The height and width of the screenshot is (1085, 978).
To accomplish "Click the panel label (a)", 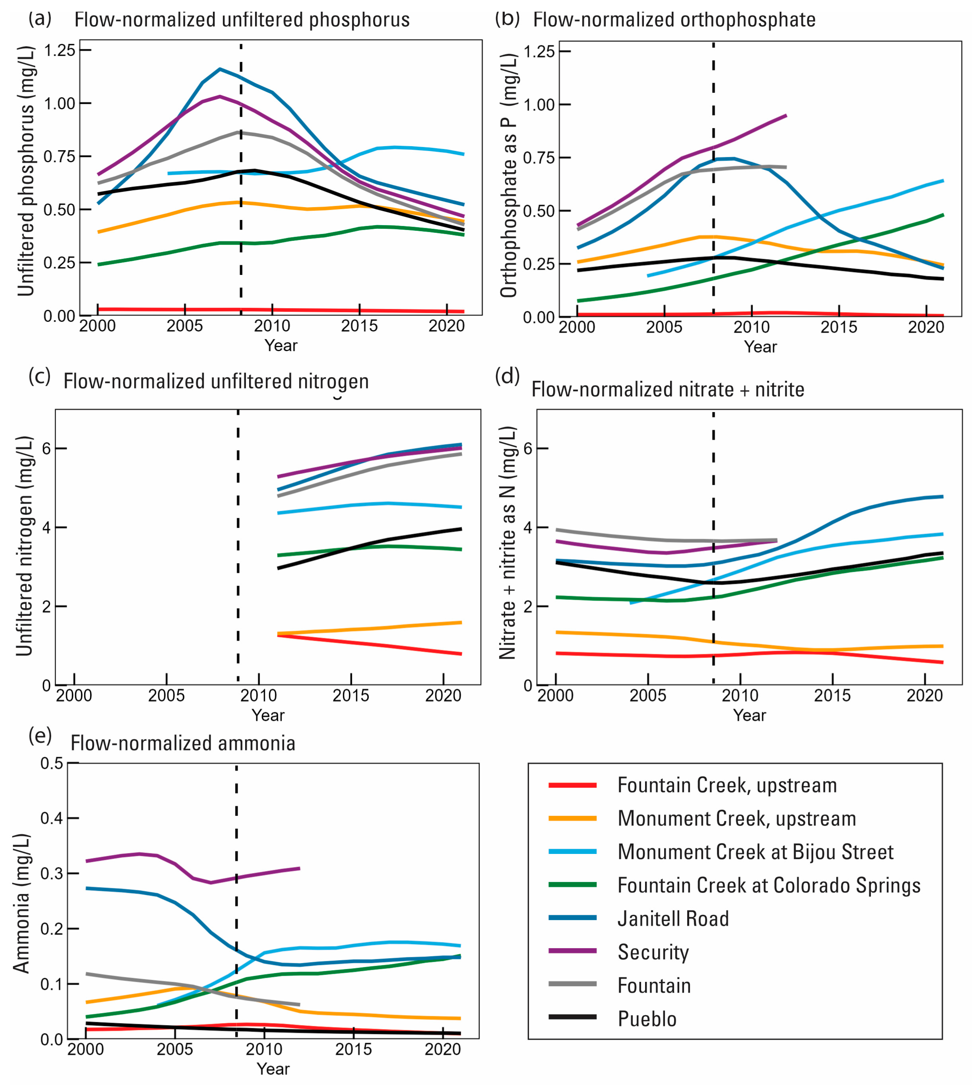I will coord(40,19).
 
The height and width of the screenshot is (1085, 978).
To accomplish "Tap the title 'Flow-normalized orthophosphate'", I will coord(674,20).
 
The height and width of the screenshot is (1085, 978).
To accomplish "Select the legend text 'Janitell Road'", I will coord(673,919).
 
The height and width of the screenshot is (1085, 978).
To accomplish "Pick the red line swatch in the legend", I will coord(572,785).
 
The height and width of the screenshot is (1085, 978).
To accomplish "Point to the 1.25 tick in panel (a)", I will coord(59,50).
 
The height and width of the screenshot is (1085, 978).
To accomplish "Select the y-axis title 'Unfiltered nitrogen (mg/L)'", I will coord(24,546).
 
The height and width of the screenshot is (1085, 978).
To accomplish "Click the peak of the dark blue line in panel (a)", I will coord(220,69).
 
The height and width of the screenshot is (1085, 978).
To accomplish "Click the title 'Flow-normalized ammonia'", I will coord(183,743).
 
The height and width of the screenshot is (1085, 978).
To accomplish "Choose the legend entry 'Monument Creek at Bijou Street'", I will coord(755,852).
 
